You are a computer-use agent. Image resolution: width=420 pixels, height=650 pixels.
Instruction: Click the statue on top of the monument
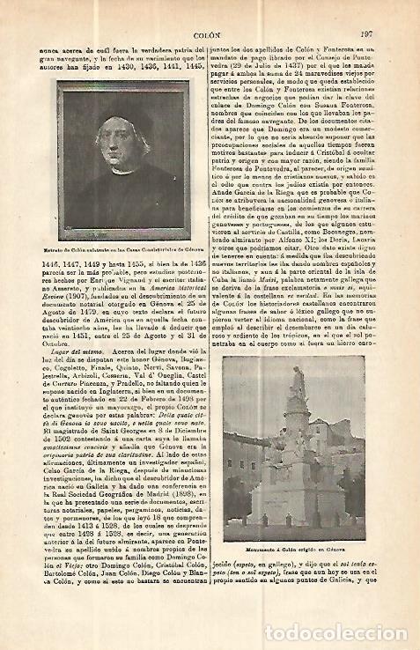pos(298,379)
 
